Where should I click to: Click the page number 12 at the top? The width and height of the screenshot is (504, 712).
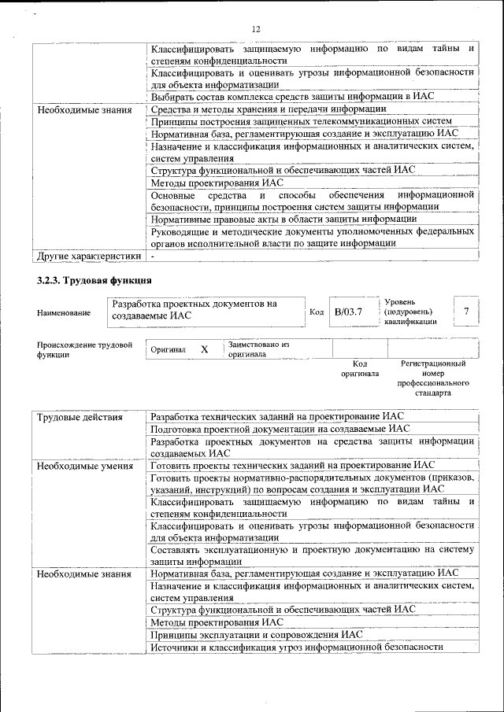[x=256, y=29]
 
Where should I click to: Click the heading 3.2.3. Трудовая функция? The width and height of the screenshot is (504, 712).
[x=94, y=280]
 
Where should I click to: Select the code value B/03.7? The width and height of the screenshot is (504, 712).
[x=348, y=312]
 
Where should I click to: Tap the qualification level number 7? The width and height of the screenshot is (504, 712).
[x=467, y=312]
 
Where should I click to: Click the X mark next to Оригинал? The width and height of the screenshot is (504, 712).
[x=204, y=349]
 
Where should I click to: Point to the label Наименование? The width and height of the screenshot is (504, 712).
[x=64, y=313]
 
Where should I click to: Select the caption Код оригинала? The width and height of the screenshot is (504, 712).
[x=360, y=368]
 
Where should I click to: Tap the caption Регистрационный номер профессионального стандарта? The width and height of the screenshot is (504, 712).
[x=432, y=378]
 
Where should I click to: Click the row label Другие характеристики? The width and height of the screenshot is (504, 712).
[x=89, y=256]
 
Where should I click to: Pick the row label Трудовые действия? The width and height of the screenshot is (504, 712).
[x=80, y=416]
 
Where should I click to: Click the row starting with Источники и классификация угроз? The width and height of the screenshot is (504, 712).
[x=297, y=647]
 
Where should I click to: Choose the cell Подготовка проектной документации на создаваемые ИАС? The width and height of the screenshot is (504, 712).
[x=280, y=429]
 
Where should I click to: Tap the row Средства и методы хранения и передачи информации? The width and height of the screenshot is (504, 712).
[x=269, y=109]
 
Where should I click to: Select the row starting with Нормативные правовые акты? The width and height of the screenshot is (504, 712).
[x=283, y=219]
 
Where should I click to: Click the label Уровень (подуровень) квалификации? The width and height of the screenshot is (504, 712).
[x=410, y=312]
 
